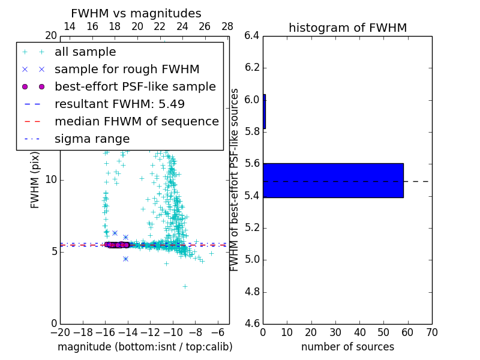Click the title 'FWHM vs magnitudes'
click(x=136, y=13)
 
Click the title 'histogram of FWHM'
click(x=347, y=28)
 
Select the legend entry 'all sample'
click(x=85, y=52)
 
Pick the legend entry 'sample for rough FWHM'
click(x=127, y=69)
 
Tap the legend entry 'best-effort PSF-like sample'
click(x=135, y=86)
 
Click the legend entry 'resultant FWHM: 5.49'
click(x=119, y=104)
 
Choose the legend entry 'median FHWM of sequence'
click(x=136, y=121)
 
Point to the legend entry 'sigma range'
click(x=92, y=139)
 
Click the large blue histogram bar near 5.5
click(x=333, y=180)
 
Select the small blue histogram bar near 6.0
click(x=264, y=112)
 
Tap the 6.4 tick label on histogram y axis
click(x=252, y=35)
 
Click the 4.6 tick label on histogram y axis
click(x=252, y=324)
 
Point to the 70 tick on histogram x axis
click(x=431, y=332)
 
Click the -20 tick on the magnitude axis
click(x=60, y=332)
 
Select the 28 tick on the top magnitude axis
click(x=227, y=26)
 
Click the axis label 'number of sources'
click(x=347, y=347)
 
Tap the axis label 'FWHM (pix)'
click(x=35, y=179)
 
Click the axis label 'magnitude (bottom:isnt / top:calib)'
click(x=145, y=347)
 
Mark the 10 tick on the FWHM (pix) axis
click(x=52, y=179)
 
